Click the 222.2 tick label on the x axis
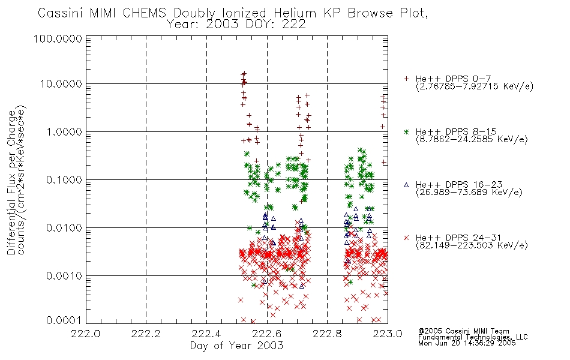pyautogui.click(x=146, y=334)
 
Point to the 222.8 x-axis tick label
pyautogui.click(x=327, y=334)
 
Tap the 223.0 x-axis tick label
pyautogui.click(x=388, y=334)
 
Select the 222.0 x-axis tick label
pyautogui.click(x=85, y=334)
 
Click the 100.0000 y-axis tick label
pyautogui.click(x=58, y=38)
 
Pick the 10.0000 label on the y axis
pyautogui.click(x=61, y=84)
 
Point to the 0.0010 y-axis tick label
pyautogui.click(x=64, y=276)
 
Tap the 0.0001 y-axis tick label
pyautogui.click(x=64, y=320)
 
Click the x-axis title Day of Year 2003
pyautogui.click(x=236, y=346)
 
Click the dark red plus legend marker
pyautogui.click(x=406, y=79)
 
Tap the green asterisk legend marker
pyautogui.click(x=406, y=131)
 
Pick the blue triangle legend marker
pyautogui.click(x=406, y=185)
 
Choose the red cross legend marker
pyautogui.click(x=406, y=238)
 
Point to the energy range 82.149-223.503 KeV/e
pyautogui.click(x=472, y=245)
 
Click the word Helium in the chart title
pyautogui.click(x=295, y=13)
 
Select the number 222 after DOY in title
pyautogui.click(x=296, y=25)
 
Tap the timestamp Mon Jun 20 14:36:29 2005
pyautogui.click(x=467, y=343)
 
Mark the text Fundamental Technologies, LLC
pyautogui.click(x=473, y=337)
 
